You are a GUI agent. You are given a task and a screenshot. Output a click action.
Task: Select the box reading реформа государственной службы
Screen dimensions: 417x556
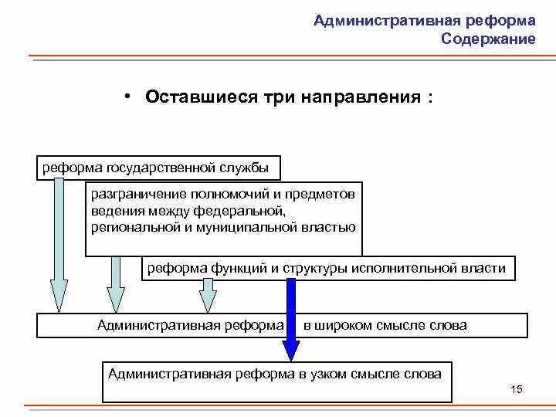click(x=158, y=167)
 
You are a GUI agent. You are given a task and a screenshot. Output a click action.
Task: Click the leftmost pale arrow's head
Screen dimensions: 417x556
click(x=59, y=298)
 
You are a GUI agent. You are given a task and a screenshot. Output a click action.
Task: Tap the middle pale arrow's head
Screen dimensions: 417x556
click(x=115, y=298)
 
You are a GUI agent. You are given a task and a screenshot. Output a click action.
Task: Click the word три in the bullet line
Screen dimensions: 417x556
click(x=276, y=97)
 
